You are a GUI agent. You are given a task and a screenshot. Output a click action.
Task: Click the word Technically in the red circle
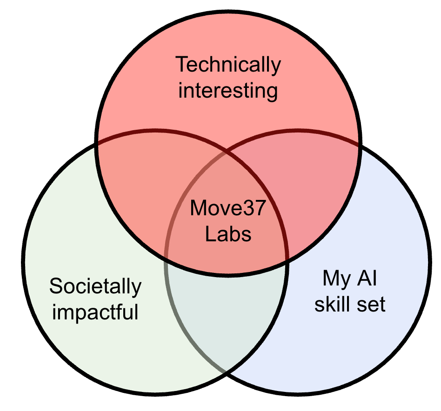click(228, 65)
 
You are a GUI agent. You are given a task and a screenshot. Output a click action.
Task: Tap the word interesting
click(228, 91)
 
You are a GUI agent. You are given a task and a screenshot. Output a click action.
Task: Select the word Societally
click(95, 286)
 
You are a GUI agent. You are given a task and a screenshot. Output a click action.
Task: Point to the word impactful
click(95, 312)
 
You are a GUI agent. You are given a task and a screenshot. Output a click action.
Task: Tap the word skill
click(333, 305)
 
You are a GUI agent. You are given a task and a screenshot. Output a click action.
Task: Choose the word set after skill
click(372, 305)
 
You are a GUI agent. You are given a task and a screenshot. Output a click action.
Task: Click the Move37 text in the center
click(228, 208)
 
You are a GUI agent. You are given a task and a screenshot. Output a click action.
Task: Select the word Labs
click(228, 234)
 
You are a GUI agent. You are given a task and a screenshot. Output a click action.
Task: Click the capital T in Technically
click(181, 65)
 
